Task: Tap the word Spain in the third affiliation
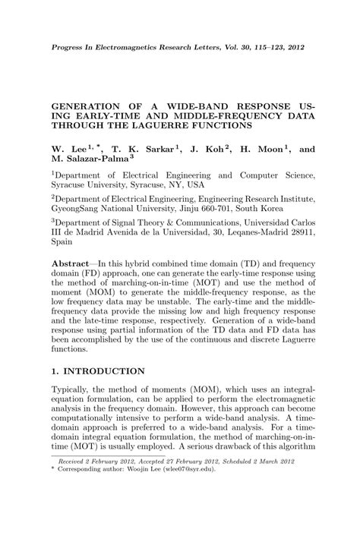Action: tap(62, 243)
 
